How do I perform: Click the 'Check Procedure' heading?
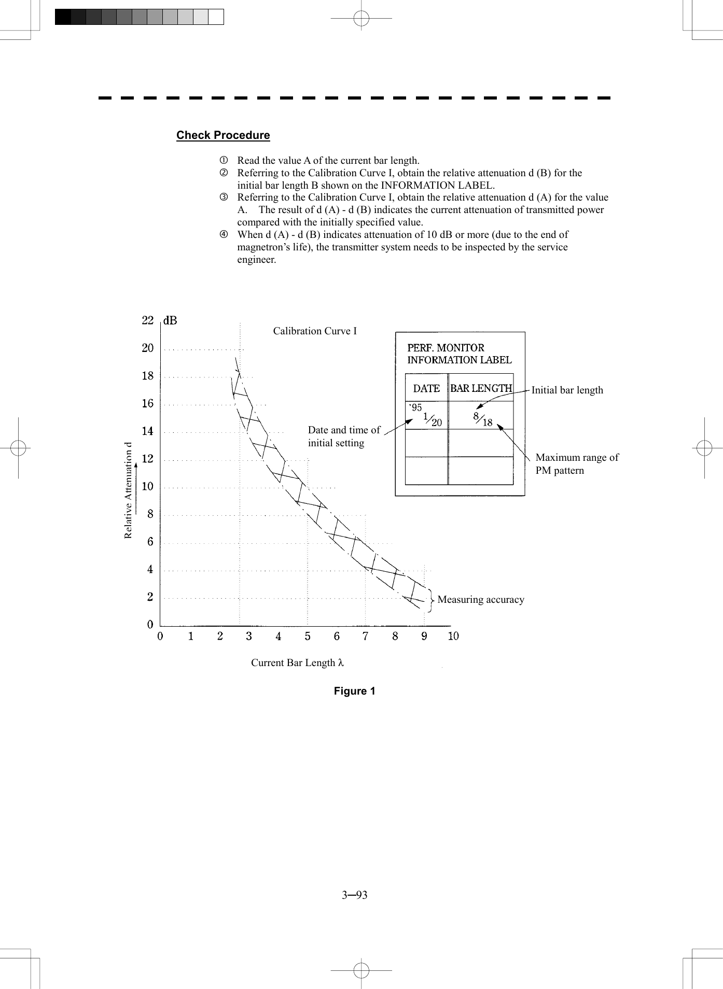[x=223, y=135]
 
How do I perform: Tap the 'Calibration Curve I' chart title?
[x=315, y=331]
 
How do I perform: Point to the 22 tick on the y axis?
[x=148, y=320]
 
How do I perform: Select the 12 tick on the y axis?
[x=148, y=459]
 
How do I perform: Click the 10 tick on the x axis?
[x=453, y=636]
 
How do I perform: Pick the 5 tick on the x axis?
[x=308, y=636]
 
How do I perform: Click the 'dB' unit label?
[x=170, y=321]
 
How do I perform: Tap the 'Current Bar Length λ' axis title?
[x=297, y=662]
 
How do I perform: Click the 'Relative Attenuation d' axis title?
[x=128, y=490]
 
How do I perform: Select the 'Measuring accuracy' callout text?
[x=481, y=600]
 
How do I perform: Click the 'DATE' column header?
[x=426, y=388]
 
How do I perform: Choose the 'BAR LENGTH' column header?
[x=481, y=388]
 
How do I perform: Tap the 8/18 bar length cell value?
[x=482, y=419]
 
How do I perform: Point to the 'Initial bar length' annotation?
[x=567, y=390]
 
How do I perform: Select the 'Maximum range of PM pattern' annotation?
[x=576, y=464]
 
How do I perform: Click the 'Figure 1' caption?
[x=354, y=691]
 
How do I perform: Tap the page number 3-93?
[x=354, y=895]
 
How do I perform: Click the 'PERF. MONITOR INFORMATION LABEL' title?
[x=459, y=354]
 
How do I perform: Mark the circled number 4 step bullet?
[x=224, y=235]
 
